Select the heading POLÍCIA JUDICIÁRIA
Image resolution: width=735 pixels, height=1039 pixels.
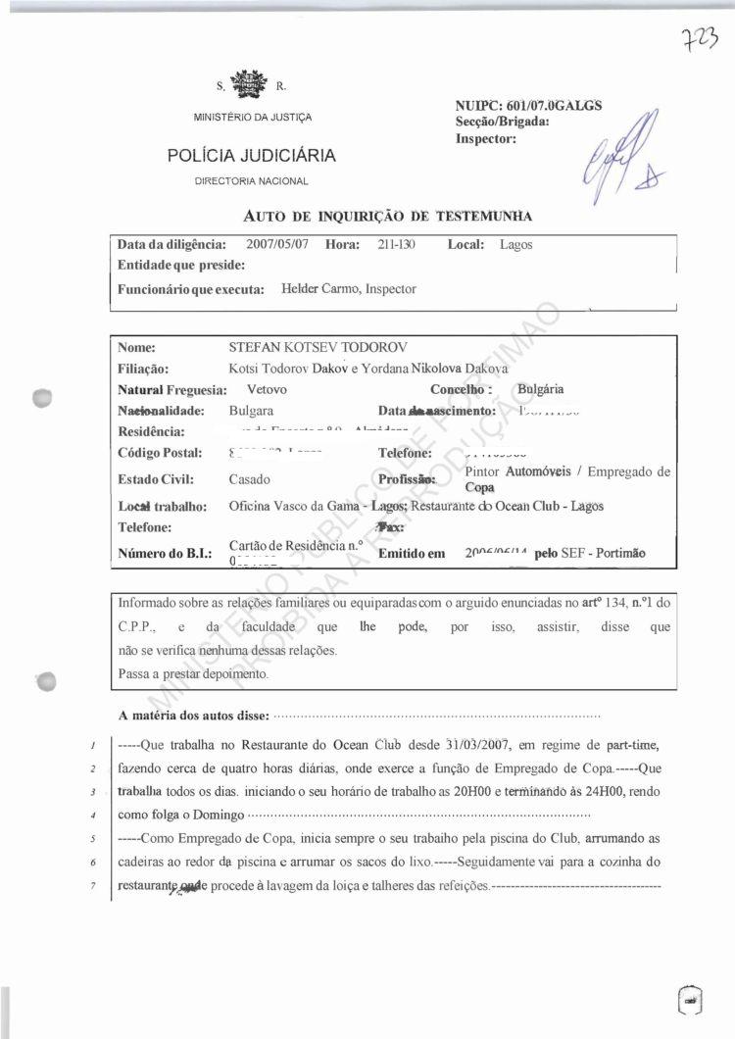[252, 155]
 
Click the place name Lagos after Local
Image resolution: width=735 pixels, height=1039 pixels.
[515, 245]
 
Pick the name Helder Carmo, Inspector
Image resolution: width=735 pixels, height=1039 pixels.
[348, 289]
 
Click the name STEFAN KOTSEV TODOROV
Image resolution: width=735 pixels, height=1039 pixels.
[318, 348]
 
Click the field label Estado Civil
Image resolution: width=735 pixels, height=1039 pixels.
[156, 480]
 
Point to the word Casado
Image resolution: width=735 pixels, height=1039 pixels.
[251, 480]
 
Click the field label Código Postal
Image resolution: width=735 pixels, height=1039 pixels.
[160, 453]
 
